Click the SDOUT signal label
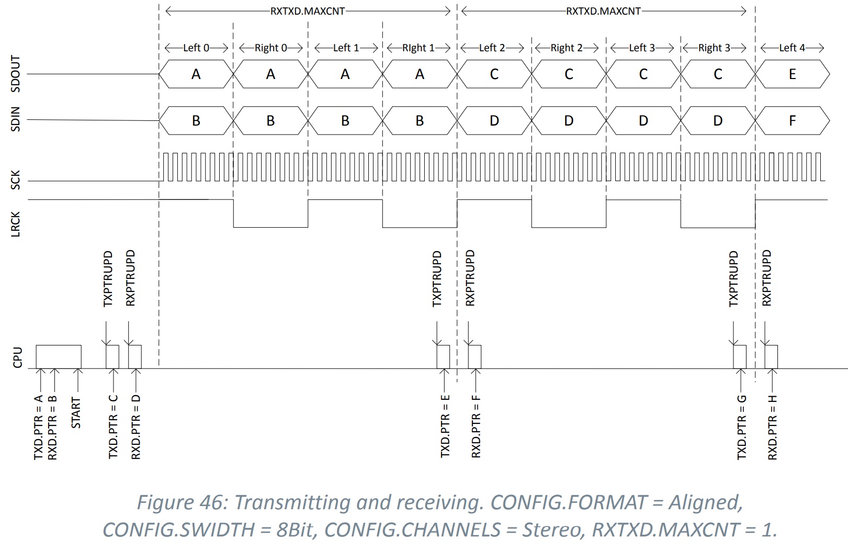[15, 74]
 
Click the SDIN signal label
[15, 119]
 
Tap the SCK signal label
[15, 180]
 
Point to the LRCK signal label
[15, 224]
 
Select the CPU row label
[17, 357]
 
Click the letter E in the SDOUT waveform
[792, 74]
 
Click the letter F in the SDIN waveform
[792, 121]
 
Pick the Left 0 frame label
[196, 48]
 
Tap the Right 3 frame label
[714, 48]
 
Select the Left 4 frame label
[792, 48]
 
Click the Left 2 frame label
[492, 48]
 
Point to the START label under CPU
[76, 412]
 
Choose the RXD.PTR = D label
[136, 427]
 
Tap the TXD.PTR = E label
[445, 427]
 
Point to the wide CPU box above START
[59, 356]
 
